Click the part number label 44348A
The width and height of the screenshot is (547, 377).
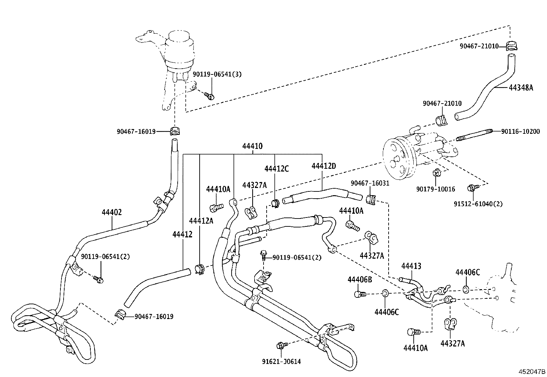pos(521,88)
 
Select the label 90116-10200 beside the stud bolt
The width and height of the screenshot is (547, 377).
pos(520,131)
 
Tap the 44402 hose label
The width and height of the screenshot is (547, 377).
pos(112,213)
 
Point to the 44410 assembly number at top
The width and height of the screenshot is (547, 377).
pos(252,146)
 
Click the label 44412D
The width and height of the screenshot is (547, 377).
pos(324,166)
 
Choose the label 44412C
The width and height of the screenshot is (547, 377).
pos(276,169)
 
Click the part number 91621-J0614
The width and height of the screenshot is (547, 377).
pos(281,362)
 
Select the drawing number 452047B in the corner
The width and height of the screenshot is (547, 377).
pos(532,372)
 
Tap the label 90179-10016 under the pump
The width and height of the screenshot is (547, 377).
pos(436,189)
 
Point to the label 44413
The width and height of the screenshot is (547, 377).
pos(411,266)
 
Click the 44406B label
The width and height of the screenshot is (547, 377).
pos(360,280)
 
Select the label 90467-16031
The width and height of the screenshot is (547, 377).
pos(370,183)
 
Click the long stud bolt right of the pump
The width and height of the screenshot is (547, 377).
pos(474,134)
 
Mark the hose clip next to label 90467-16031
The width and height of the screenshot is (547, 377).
pos(371,199)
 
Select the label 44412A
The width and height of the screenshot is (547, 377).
pos(201,221)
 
